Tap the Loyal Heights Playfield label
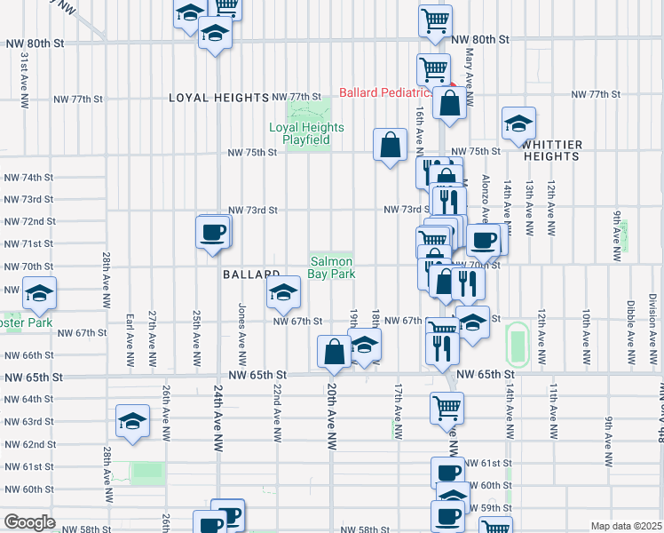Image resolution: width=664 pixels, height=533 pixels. pos(300,133)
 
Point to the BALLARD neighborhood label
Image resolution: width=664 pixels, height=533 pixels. pos(251,275)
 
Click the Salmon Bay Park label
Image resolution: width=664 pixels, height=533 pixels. pos(332,267)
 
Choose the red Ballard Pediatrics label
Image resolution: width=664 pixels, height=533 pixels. pos(386,92)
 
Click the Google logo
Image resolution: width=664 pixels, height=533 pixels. pos(29,522)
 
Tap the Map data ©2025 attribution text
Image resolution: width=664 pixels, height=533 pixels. pos(625,526)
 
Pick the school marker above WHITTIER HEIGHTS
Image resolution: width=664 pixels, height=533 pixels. pos(518,123)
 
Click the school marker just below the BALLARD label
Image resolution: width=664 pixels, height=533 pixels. pos(282,291)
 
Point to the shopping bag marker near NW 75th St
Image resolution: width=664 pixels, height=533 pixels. pos(391,145)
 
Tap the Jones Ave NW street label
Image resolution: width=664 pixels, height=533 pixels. pos(241,324)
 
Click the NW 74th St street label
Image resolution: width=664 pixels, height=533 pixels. pos(29,178)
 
